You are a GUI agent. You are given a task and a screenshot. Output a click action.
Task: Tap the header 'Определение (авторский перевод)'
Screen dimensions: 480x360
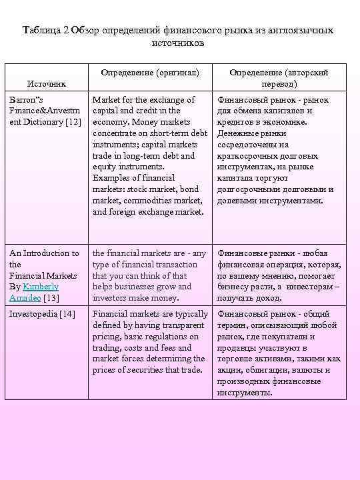pos(279,78)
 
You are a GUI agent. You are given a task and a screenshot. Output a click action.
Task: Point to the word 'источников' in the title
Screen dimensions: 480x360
pos(179,43)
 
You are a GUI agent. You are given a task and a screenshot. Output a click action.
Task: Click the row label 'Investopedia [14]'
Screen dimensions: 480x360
pos(42,313)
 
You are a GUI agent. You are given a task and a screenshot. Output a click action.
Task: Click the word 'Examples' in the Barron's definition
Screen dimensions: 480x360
pos(112,178)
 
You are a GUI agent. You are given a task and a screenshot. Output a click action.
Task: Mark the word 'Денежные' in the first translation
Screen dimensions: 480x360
pos(236,133)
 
